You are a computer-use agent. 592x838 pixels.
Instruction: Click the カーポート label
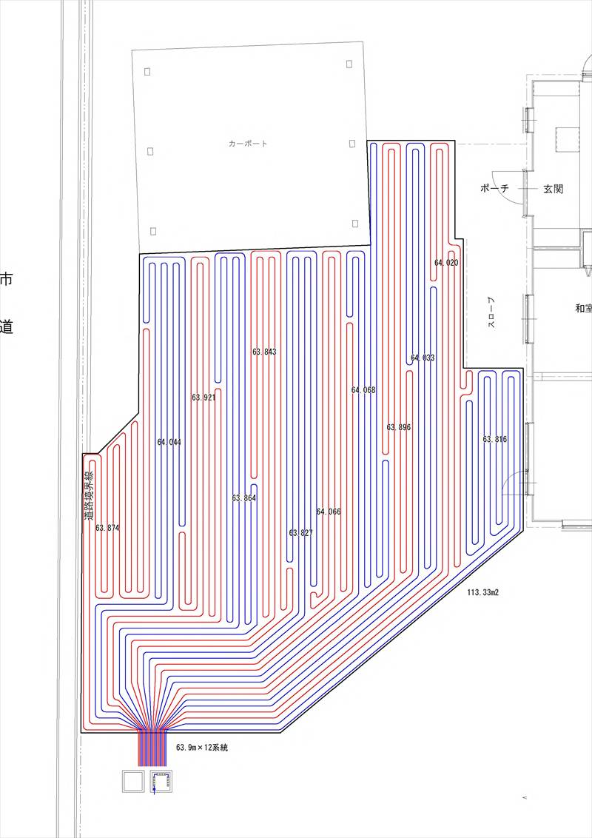(249, 144)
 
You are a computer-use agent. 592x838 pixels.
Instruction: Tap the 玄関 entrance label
(553, 189)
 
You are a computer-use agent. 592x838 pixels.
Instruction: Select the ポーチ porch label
(495, 189)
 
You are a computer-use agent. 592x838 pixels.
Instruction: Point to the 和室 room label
(583, 309)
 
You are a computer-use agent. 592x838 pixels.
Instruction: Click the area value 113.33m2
(482, 593)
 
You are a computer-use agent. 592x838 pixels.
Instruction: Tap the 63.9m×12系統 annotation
(202, 748)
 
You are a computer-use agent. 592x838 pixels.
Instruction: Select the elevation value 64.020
(446, 263)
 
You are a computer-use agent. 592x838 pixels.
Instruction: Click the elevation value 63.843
(264, 352)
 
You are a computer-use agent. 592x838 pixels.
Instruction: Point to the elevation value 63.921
(203, 398)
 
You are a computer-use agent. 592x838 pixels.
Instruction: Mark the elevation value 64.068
(363, 390)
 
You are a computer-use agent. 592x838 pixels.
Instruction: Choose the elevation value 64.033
(423, 358)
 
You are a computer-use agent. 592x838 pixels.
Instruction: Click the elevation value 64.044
(169, 442)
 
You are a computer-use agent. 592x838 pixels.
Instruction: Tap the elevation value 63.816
(495, 439)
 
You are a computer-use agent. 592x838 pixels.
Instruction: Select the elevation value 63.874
(107, 528)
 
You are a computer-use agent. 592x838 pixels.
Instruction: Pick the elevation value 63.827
(301, 532)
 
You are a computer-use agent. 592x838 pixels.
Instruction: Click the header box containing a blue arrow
(161, 782)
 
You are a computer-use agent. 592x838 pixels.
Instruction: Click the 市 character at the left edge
(6, 279)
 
